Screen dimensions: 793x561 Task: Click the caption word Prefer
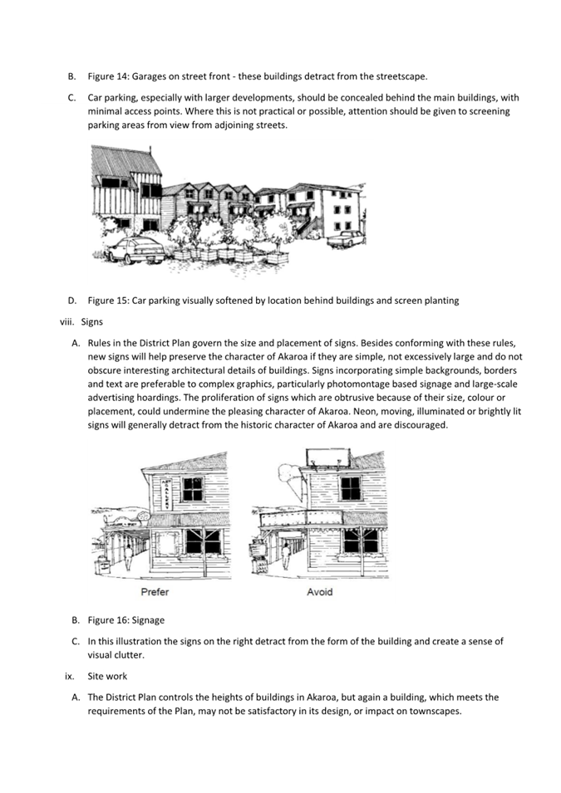pyautogui.click(x=155, y=591)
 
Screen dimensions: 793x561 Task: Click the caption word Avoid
pyautogui.click(x=319, y=591)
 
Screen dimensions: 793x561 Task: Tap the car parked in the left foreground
pyautogui.click(x=136, y=249)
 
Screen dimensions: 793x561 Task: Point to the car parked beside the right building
pyautogui.click(x=346, y=239)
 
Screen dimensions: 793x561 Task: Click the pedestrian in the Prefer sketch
pyautogui.click(x=129, y=558)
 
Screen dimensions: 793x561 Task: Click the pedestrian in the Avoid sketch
pyautogui.click(x=285, y=554)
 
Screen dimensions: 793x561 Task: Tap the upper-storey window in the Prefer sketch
pyautogui.click(x=193, y=488)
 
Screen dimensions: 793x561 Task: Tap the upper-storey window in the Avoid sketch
pyautogui.click(x=350, y=487)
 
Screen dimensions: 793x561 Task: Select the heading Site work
pyautogui.click(x=107, y=676)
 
